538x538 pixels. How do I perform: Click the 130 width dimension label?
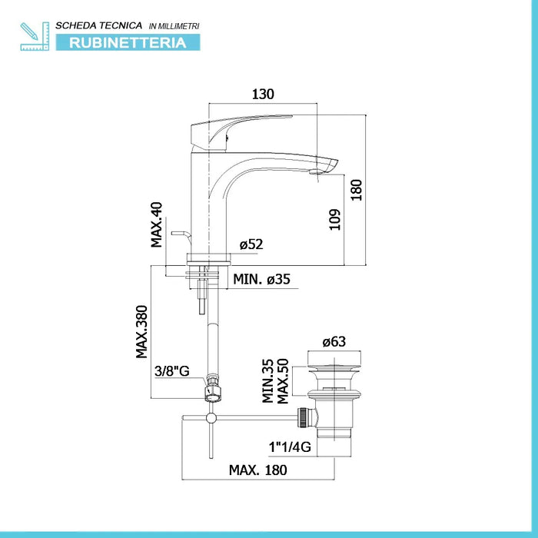(x=263, y=94)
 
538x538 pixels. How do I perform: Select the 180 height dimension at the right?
(x=357, y=190)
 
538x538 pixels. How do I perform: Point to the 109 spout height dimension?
(x=335, y=220)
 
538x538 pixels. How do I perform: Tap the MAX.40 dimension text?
(x=157, y=224)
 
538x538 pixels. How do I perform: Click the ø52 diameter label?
(x=251, y=244)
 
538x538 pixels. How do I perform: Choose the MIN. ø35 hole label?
(x=261, y=279)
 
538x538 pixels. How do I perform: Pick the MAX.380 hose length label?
(x=141, y=332)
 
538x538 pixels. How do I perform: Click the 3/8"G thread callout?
(x=172, y=371)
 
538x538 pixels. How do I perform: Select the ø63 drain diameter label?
(x=334, y=342)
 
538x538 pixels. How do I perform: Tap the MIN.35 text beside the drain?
(x=267, y=381)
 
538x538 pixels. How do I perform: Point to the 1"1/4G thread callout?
(x=290, y=447)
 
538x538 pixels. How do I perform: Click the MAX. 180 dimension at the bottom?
(x=258, y=470)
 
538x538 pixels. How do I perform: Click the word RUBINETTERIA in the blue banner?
(x=128, y=43)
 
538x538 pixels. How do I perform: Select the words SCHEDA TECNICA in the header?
(x=99, y=25)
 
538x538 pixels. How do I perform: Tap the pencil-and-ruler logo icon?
(x=35, y=36)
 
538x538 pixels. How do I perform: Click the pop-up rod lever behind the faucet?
(x=181, y=237)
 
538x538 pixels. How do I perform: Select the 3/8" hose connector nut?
(x=213, y=389)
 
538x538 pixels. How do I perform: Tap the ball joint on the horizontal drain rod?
(x=211, y=417)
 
